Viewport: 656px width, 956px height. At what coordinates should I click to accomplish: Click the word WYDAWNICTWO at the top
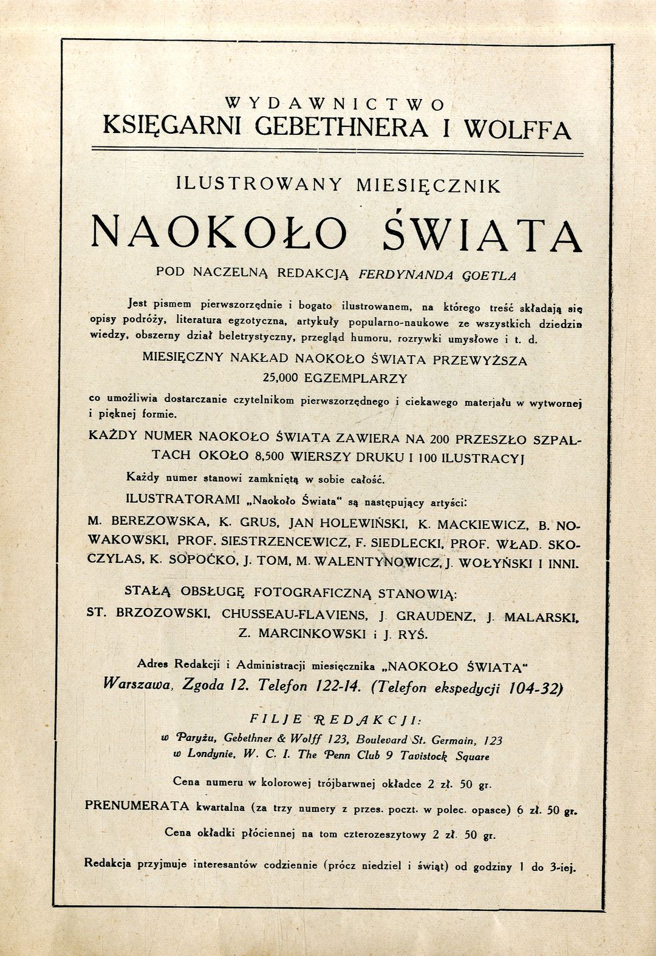335,104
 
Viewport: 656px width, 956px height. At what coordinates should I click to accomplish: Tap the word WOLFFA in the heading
516,129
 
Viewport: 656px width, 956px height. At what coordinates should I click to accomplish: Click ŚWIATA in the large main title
483,234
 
